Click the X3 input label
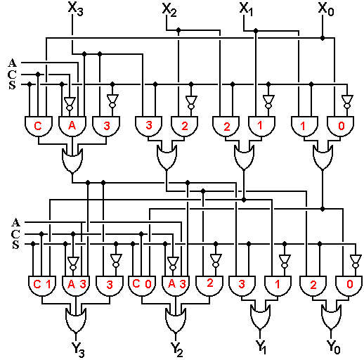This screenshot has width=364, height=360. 75,9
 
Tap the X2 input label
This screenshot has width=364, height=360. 169,10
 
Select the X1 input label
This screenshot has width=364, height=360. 246,9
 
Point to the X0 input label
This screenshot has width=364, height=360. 326,9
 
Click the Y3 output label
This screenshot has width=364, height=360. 78,349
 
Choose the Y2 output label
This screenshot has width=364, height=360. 176,349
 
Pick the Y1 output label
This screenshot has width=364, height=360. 261,347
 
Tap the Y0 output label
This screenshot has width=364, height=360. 333,347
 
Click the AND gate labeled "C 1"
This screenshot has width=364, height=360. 42,286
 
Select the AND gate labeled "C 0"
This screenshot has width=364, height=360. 142,286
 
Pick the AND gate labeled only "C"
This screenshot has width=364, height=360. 39,127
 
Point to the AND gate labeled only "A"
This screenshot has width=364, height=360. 72,127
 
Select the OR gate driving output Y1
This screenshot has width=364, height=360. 260,316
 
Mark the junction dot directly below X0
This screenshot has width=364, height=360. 323,38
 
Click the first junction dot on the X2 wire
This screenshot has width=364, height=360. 178,30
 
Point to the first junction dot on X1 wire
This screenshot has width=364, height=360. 256,31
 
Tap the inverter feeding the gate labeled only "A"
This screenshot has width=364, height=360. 70,104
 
